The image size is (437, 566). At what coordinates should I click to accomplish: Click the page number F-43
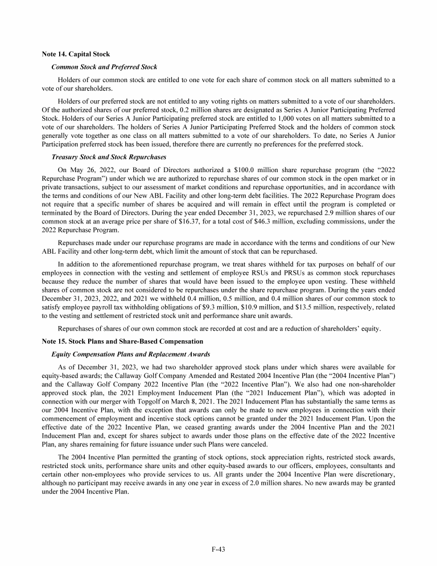218,549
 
